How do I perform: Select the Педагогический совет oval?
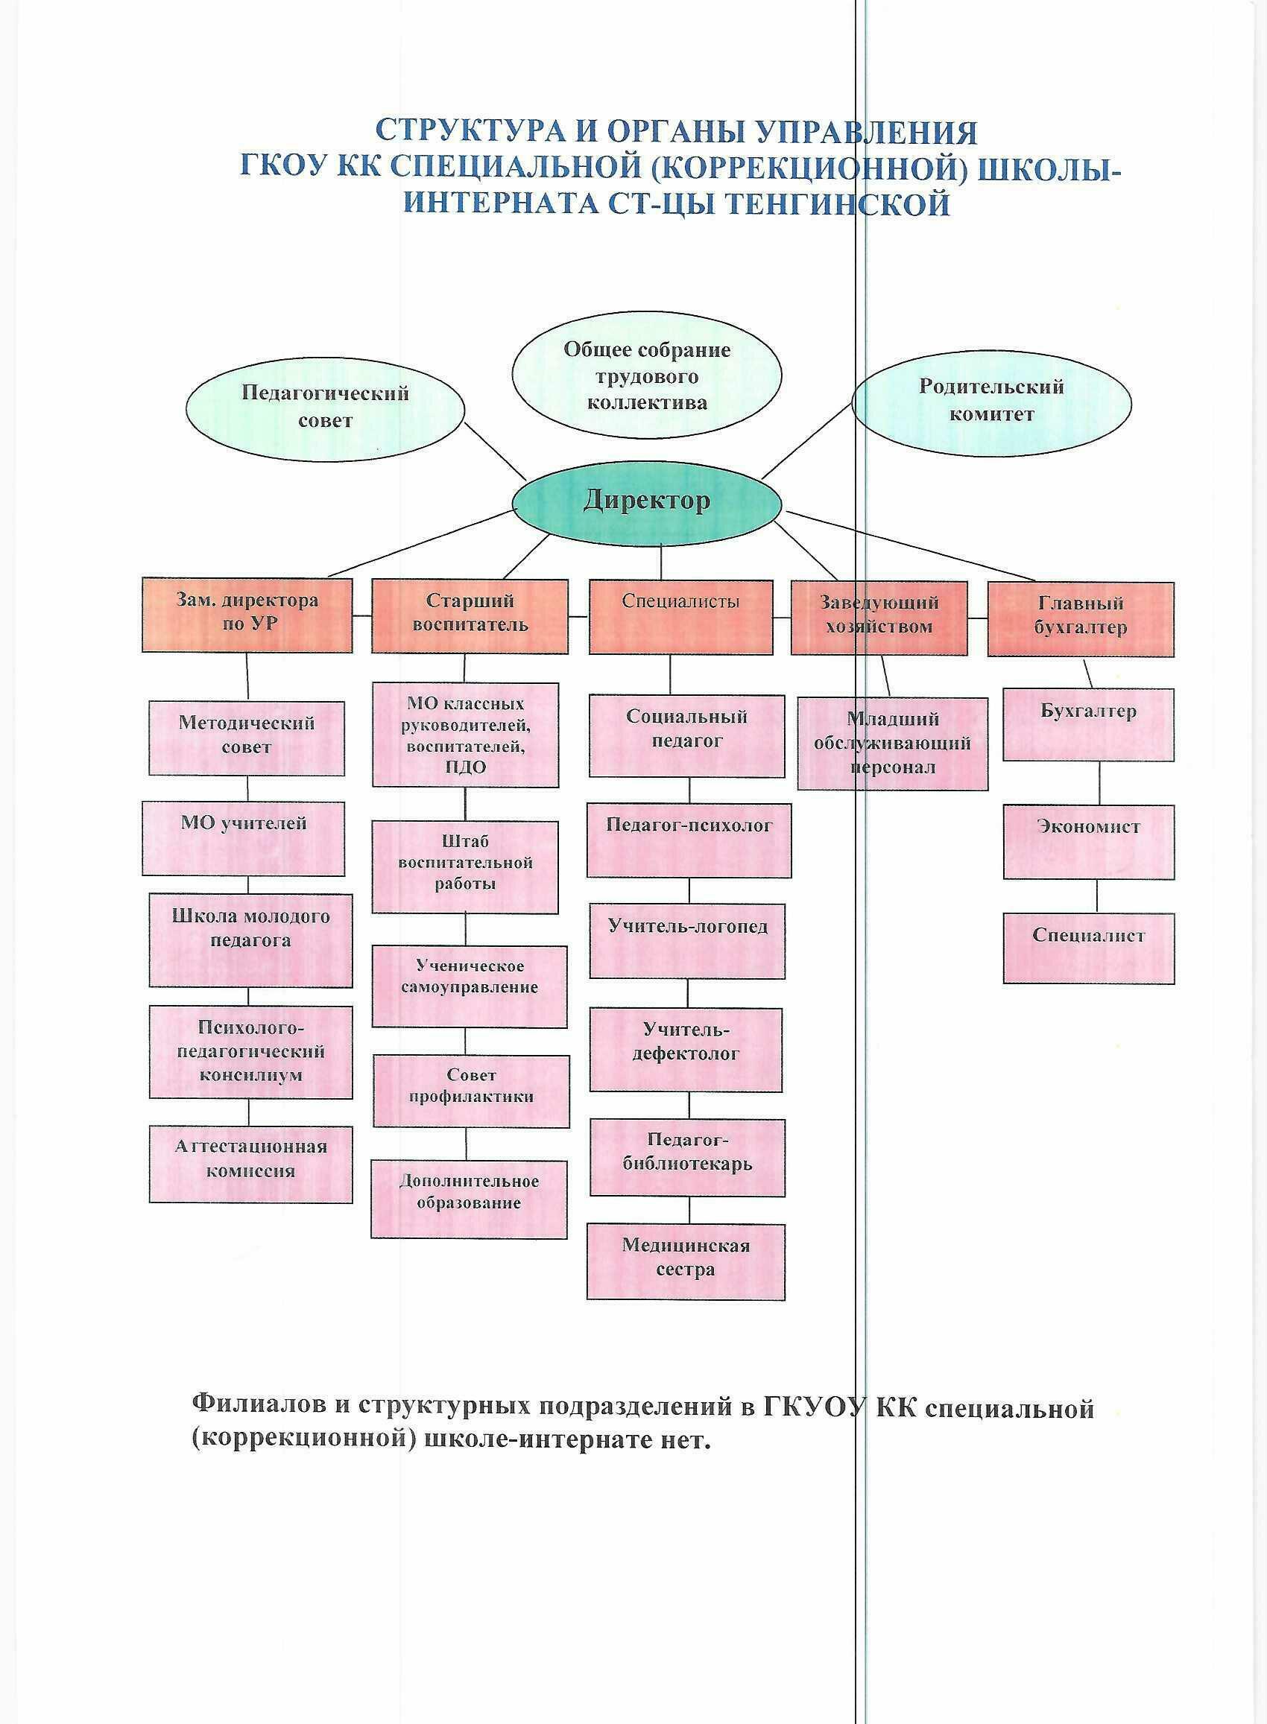tap(325, 407)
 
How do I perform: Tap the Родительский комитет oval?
tap(992, 401)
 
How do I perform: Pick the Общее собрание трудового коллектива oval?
tap(646, 376)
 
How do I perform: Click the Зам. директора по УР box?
tap(247, 615)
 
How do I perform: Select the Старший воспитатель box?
tap(470, 615)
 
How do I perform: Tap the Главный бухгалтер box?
tap(1080, 618)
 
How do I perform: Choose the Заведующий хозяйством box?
tap(879, 616)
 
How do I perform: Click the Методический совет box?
tap(246, 737)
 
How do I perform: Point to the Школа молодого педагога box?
tap(250, 939)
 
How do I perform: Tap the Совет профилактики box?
tap(471, 1090)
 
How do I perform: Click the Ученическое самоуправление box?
tap(470, 986)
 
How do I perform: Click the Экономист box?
tap(1088, 841)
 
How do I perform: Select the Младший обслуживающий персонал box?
tap(892, 743)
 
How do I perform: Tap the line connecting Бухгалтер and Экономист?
tap(1100, 783)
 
